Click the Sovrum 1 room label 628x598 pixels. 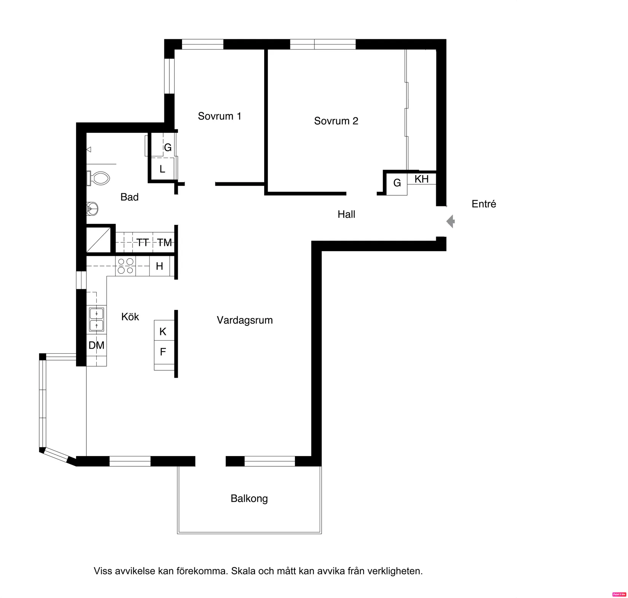tap(220, 116)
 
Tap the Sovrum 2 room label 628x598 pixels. tap(336, 121)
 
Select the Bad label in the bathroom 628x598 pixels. tap(129, 197)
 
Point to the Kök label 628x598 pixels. tap(130, 317)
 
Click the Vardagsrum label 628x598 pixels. tap(245, 321)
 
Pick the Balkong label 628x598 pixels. tap(249, 499)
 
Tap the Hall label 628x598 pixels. tap(346, 214)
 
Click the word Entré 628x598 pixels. tap(484, 204)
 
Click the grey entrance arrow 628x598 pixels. tap(451, 222)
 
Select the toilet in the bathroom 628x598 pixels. tap(99, 178)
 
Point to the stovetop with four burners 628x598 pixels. tap(126, 266)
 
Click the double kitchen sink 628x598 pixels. tap(96, 319)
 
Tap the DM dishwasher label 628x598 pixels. tap(96, 345)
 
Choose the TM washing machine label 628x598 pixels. tap(164, 242)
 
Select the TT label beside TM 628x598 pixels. tap(143, 242)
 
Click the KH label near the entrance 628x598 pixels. tap(422, 179)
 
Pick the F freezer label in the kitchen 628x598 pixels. tap(163, 352)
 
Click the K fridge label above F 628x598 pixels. tap(163, 332)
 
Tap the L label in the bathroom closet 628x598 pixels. tap(162, 169)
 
